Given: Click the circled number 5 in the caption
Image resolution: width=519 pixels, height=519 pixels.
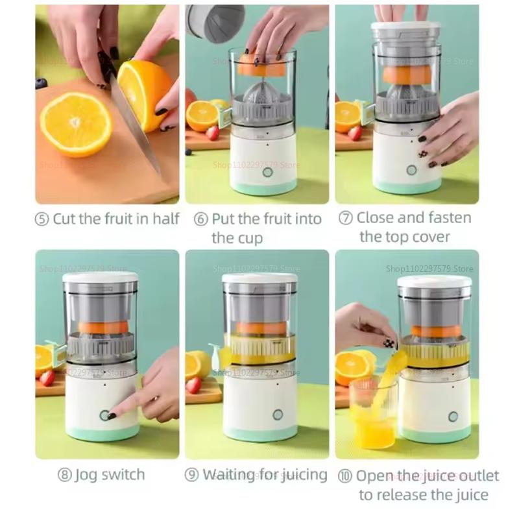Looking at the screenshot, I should [x=42, y=219].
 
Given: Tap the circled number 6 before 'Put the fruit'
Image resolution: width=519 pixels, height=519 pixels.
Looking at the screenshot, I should [x=201, y=219].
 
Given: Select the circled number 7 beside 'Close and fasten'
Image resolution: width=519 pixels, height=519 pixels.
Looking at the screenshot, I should [x=346, y=218].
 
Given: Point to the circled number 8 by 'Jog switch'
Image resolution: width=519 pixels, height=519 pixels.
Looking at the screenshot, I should [x=64, y=475].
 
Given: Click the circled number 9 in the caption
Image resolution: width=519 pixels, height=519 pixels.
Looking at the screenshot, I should [x=191, y=475].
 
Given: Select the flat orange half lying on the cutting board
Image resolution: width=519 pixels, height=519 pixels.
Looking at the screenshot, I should [x=75, y=123].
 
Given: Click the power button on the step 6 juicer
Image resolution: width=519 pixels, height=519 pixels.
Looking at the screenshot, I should [x=267, y=173].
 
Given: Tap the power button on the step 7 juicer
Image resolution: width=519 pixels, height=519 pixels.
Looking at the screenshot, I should [x=411, y=169].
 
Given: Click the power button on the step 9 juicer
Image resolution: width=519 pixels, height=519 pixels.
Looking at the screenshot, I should [x=278, y=415].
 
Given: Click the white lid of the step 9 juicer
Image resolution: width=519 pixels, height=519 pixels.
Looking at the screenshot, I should [x=259, y=278].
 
